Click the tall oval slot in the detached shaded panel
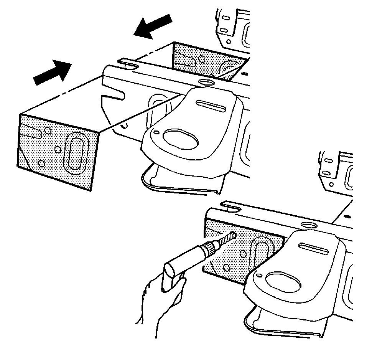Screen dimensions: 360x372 pyautogui.click(x=75, y=152)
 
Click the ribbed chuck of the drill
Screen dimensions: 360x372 pyautogui.click(x=211, y=249)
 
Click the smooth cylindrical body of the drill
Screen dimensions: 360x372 pyautogui.click(x=191, y=258)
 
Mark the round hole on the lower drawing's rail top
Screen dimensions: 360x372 pyautogui.click(x=309, y=225)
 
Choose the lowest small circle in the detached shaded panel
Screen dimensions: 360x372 pyautogui.click(x=41, y=164)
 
